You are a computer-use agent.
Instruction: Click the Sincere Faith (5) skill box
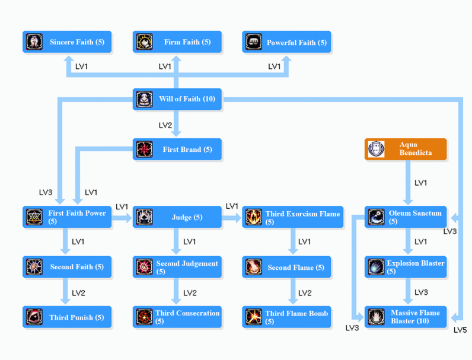pyautogui.click(x=67, y=42)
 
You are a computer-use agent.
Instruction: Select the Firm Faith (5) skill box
pyautogui.click(x=177, y=42)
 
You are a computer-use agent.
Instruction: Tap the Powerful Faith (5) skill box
pyautogui.click(x=287, y=42)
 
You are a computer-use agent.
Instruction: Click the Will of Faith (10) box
pyautogui.click(x=177, y=99)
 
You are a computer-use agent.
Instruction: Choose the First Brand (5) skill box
pyautogui.click(x=177, y=149)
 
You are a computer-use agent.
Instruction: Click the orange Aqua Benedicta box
pyautogui.click(x=406, y=149)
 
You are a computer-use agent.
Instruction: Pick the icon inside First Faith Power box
pyautogui.click(x=34, y=217)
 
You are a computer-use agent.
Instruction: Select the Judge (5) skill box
pyautogui.click(x=177, y=217)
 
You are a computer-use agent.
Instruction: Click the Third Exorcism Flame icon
pyautogui.click(x=254, y=217)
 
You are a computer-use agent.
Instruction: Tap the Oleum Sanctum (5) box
pyautogui.click(x=406, y=217)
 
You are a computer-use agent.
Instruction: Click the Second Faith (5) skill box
pyautogui.click(x=67, y=267)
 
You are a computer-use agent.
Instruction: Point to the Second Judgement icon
pyautogui.click(x=144, y=267)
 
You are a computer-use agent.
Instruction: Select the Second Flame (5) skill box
pyautogui.click(x=287, y=267)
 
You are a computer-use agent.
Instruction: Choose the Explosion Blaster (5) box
pyautogui.click(x=406, y=267)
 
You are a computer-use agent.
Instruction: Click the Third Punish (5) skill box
pyautogui.click(x=67, y=317)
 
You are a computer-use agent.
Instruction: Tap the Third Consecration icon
pyautogui.click(x=144, y=317)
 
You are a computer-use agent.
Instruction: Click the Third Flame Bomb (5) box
pyautogui.click(x=287, y=317)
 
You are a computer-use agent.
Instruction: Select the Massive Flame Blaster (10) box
pyautogui.click(x=406, y=317)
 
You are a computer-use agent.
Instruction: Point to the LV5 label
pyautogui.click(x=460, y=330)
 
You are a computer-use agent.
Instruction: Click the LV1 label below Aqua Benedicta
pyautogui.click(x=420, y=183)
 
